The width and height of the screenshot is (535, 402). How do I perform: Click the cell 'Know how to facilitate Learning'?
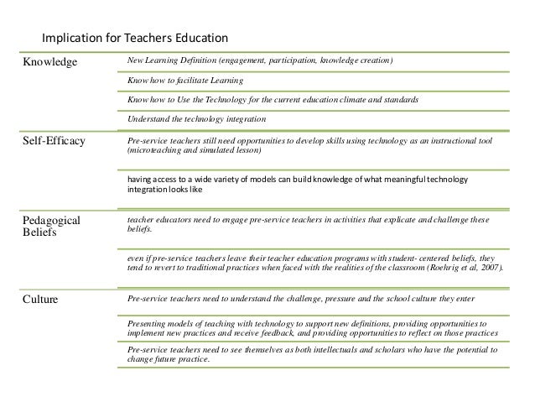(x=185, y=81)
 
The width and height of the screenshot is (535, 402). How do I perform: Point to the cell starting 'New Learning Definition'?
(x=259, y=62)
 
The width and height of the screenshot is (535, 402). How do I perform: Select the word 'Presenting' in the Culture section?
(x=146, y=322)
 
